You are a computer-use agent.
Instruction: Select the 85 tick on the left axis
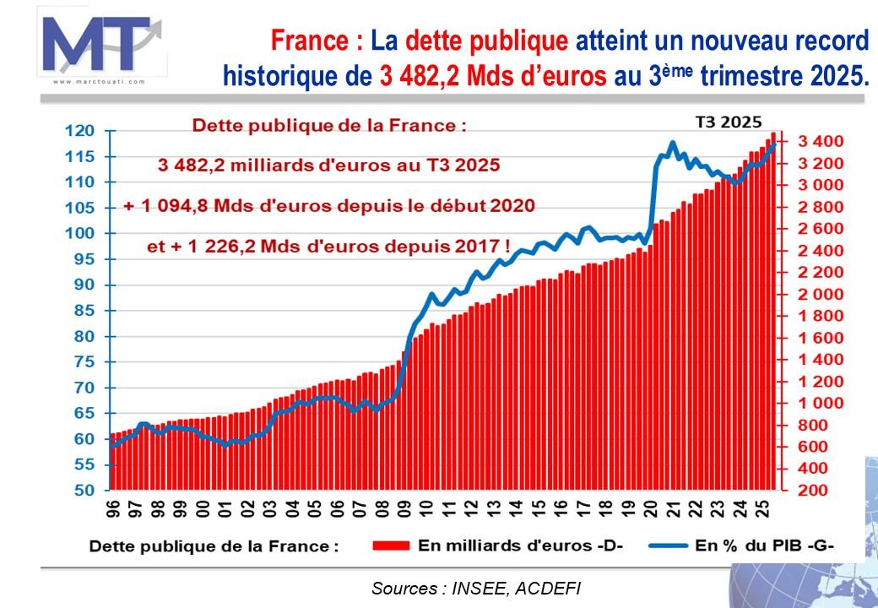tap(84, 311)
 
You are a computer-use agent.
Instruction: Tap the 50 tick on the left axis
tap(84, 491)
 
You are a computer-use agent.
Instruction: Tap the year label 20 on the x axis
tap(651, 509)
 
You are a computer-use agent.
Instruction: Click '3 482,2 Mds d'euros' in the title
tap(493, 76)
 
